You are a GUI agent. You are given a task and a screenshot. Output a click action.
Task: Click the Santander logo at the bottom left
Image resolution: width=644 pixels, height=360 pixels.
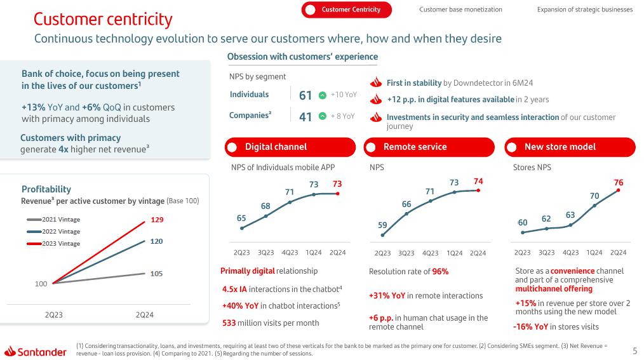[36, 351]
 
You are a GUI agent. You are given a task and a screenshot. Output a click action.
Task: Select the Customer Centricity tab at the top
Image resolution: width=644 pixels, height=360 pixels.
[346, 10]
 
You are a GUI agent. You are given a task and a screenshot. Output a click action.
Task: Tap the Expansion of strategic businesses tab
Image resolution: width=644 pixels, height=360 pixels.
[584, 10]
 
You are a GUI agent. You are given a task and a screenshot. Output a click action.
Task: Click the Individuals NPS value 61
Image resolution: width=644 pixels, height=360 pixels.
[305, 95]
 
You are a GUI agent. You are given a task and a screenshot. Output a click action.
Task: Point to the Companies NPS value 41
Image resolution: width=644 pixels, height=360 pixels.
[305, 116]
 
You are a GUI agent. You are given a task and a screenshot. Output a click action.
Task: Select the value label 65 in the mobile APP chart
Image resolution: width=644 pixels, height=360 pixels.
[241, 218]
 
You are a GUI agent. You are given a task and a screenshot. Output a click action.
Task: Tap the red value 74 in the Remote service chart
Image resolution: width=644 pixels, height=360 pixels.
[478, 181]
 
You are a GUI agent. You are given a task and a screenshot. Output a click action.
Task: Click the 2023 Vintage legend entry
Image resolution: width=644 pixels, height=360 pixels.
[61, 244]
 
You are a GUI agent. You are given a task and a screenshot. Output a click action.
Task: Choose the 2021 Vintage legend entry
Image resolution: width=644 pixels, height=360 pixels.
[61, 220]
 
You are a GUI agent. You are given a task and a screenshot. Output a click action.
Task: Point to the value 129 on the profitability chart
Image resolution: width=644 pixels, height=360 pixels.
[157, 220]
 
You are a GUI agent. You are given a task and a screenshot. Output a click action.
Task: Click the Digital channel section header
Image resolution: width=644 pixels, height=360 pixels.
[276, 147]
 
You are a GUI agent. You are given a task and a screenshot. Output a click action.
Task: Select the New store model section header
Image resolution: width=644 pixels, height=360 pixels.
[560, 147]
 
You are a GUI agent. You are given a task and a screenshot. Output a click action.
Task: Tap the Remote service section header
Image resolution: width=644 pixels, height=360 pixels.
[415, 147]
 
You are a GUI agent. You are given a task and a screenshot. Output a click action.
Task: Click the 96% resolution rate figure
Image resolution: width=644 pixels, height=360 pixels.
[440, 272]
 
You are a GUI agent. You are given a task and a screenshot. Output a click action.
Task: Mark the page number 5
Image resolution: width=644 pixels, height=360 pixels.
[634, 350]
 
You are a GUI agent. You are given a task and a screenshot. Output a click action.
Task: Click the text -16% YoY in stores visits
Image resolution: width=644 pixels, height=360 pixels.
[555, 327]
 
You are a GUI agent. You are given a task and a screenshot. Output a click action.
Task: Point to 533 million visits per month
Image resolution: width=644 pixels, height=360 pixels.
[271, 323]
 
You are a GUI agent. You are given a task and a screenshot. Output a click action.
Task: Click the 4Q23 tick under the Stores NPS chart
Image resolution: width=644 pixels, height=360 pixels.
[570, 253]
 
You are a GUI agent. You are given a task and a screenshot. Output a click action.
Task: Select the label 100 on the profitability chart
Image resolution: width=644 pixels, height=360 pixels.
[41, 284]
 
